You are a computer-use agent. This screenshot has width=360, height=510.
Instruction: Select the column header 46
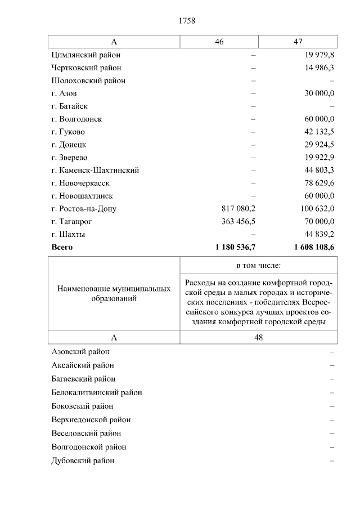(x=219, y=42)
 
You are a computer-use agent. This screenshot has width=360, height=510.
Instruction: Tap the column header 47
(x=298, y=42)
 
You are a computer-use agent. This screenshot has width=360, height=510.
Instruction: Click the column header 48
(x=259, y=337)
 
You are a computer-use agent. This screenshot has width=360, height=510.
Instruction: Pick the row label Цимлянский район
(x=85, y=55)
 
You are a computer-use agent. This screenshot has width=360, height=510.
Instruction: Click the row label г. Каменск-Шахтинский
(x=95, y=170)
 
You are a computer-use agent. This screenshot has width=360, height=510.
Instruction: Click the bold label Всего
(x=62, y=247)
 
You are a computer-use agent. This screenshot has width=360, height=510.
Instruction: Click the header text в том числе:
(x=259, y=265)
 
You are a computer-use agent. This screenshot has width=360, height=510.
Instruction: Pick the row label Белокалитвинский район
(x=96, y=392)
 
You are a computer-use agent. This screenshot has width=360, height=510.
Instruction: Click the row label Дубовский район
(x=83, y=460)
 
